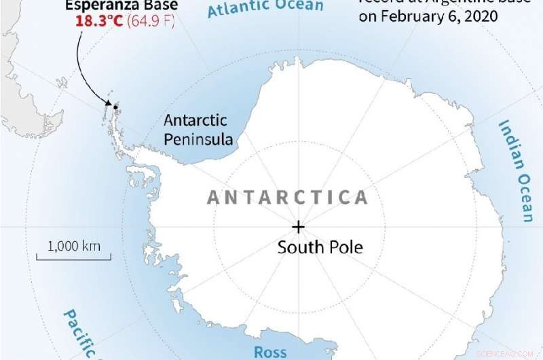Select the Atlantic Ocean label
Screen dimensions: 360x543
tap(265, 8)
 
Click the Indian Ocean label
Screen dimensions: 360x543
tap(516, 170)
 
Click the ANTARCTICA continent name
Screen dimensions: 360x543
tap(287, 198)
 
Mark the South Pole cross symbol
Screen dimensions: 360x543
tap(298, 227)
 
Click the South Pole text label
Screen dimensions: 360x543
tap(320, 247)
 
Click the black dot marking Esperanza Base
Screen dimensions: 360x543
tap(115, 107)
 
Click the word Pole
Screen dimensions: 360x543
tap(346, 247)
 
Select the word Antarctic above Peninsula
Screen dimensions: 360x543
tap(195, 121)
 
